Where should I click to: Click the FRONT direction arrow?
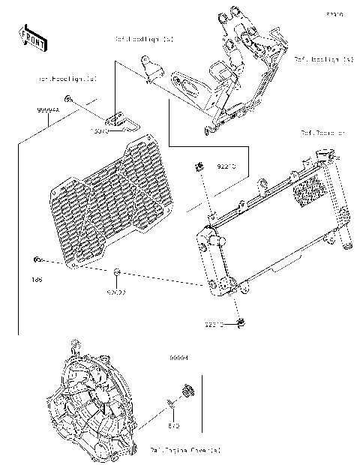pyautogui.click(x=32, y=37)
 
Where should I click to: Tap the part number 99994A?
pyautogui.click(x=48, y=109)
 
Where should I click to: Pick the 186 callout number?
pyautogui.click(x=35, y=279)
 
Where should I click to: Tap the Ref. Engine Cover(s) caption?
pyautogui.click(x=186, y=450)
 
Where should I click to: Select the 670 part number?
pyautogui.click(x=171, y=426)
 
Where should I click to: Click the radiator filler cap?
pyautogui.click(x=324, y=155)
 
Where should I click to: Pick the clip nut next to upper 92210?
pyautogui.click(x=199, y=166)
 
